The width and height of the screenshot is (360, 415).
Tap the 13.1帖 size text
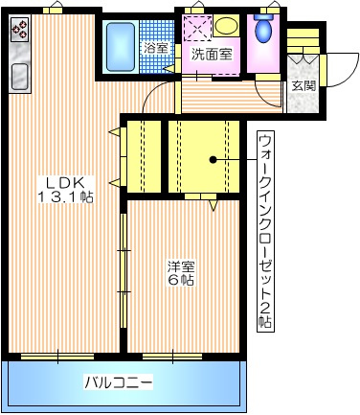click(64, 197)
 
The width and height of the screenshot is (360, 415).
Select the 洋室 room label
click(182, 265)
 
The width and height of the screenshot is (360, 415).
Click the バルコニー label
click(119, 381)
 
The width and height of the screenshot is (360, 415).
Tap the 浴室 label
click(155, 47)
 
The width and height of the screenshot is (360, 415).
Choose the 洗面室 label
click(211, 54)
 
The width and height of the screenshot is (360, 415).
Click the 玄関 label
click(304, 85)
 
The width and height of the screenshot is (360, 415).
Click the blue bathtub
click(121, 48)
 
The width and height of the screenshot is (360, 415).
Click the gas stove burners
click(19, 31)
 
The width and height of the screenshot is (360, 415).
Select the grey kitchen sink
click(19, 75)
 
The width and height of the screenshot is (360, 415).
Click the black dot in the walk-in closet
click(214, 159)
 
